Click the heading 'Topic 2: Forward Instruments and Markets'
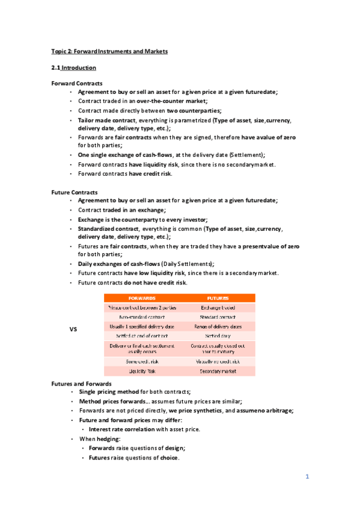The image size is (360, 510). coord(109,52)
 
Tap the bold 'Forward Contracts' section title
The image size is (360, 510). coord(77,83)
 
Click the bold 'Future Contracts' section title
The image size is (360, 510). coord(75,192)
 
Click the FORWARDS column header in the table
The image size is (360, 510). coord(142,298)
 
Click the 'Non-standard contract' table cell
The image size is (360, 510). coord(142,316)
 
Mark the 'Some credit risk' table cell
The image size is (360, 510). coord(142,361)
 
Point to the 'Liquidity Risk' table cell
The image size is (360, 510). coord(142,371)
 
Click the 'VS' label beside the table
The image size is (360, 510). coord(73,330)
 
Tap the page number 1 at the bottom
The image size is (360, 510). coord(307,477)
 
